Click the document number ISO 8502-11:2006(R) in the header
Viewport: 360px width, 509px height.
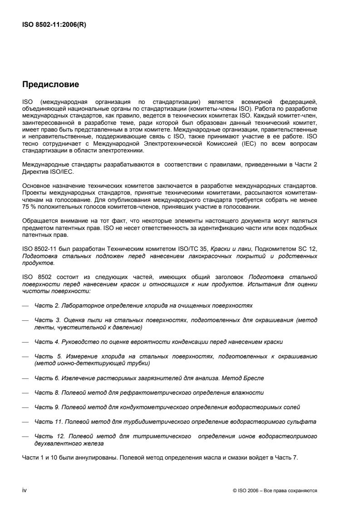[x=54, y=25]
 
